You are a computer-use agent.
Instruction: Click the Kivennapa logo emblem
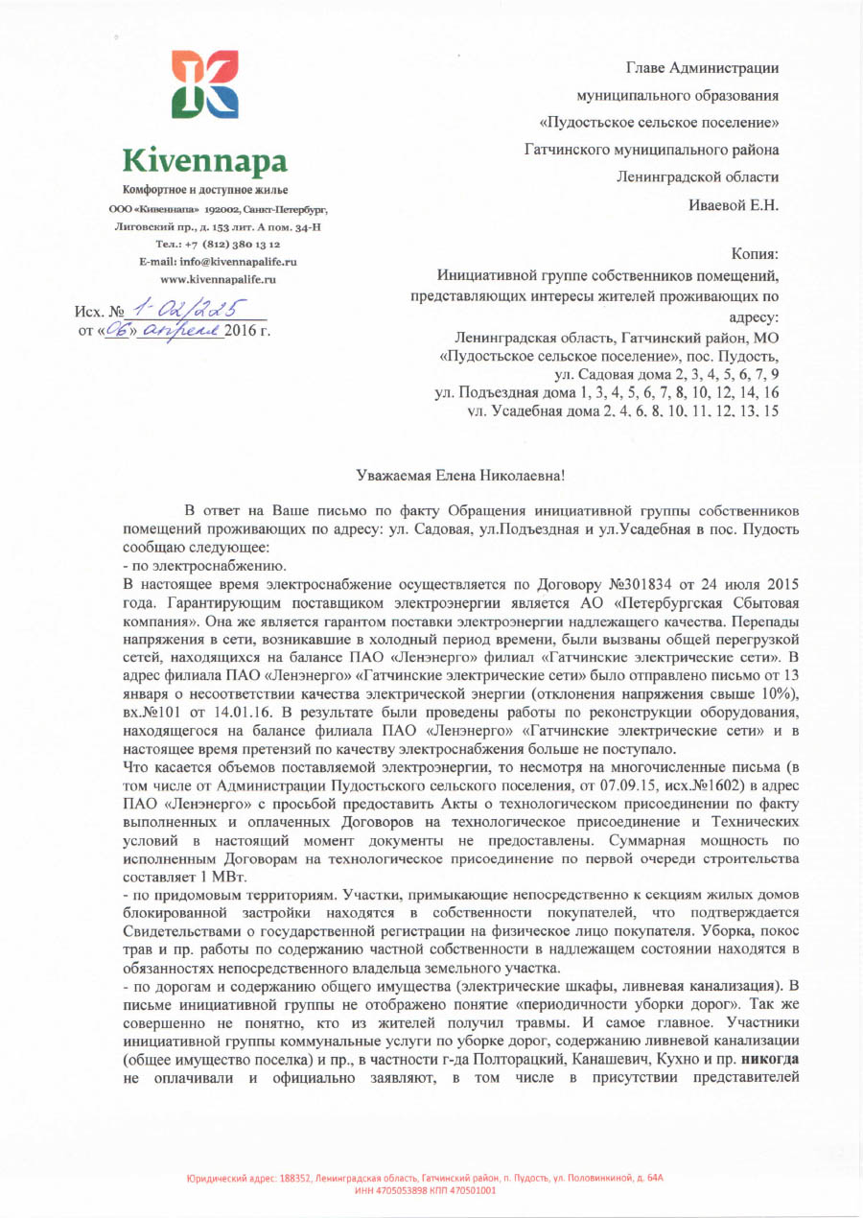(204, 84)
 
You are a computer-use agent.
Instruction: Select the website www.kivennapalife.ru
(218, 278)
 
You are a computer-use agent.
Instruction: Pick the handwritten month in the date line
(193, 331)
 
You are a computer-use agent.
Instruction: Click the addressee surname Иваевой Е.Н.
(734, 204)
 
